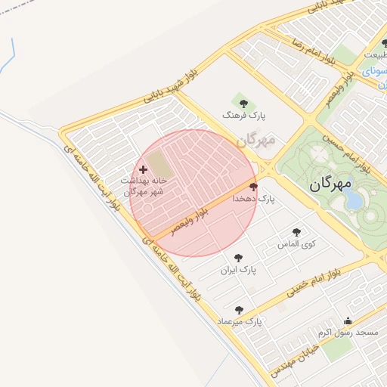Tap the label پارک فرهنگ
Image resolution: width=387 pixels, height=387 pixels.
tap(244, 114)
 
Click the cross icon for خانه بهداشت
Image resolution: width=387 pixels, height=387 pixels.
tap(144, 170)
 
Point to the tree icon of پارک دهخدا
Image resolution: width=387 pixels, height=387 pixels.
tap(253, 187)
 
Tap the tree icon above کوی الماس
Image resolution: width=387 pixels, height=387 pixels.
tap(296, 232)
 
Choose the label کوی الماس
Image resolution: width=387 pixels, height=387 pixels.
tap(297, 245)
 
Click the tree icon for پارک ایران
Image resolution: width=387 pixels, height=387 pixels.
tap(239, 258)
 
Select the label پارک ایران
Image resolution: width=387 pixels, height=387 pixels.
tap(239, 270)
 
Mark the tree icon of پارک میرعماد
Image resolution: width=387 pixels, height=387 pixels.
tap(240, 310)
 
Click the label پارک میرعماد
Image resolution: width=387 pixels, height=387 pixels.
tap(239, 322)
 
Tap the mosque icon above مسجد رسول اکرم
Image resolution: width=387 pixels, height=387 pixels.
tap(348, 320)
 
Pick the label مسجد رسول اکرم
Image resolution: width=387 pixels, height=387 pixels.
tap(347, 333)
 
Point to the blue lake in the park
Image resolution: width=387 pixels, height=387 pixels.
tap(354, 200)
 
